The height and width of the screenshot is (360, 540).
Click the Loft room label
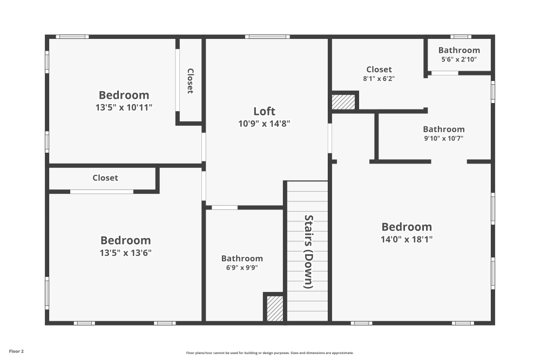[x=264, y=111]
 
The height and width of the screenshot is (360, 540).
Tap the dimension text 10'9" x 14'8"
[x=264, y=123]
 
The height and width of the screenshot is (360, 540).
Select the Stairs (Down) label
[x=308, y=252]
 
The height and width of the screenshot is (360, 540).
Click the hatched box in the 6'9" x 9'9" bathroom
[x=275, y=309]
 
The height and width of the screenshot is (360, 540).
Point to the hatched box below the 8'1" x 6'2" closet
[x=343, y=102]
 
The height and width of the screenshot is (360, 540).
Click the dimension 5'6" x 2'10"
[x=459, y=60]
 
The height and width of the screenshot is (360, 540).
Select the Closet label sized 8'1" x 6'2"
[x=379, y=69]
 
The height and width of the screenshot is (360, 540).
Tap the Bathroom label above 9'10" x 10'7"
[x=443, y=129]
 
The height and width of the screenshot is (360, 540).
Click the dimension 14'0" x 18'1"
[x=407, y=239]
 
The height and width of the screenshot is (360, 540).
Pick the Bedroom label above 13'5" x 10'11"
[x=124, y=96]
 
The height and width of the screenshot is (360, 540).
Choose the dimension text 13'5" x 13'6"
[x=125, y=253]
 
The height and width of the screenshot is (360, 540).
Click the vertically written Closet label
[x=190, y=80]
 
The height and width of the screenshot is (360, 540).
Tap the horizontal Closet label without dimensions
[x=105, y=178]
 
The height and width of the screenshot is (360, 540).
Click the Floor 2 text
[x=16, y=351]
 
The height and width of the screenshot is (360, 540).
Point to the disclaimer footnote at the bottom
[x=269, y=352]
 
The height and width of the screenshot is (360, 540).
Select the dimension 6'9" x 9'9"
[x=242, y=268]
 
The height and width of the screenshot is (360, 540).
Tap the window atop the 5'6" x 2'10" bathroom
[x=461, y=37]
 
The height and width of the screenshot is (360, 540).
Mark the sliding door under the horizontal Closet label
[x=102, y=192]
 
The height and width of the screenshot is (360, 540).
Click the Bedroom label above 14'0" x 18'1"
[x=407, y=227]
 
